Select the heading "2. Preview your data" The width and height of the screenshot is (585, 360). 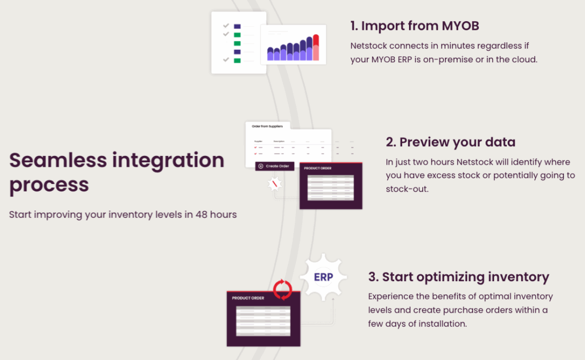point(450,142)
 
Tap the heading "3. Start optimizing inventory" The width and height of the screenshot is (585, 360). point(458,277)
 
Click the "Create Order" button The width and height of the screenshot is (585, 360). point(275,166)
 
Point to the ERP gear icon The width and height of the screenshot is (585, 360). point(323,277)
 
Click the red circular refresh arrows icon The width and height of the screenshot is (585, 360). point(282,290)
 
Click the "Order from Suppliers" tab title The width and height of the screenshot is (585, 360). point(267,126)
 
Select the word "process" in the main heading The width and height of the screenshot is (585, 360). point(49,185)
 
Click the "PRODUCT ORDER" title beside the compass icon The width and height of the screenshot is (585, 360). point(317,169)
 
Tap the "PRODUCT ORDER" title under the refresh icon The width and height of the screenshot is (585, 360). point(248,298)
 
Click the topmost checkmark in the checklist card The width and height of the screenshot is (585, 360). point(226,26)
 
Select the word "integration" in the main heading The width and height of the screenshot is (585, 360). point(173,160)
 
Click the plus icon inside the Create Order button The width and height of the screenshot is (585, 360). point(261,166)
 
